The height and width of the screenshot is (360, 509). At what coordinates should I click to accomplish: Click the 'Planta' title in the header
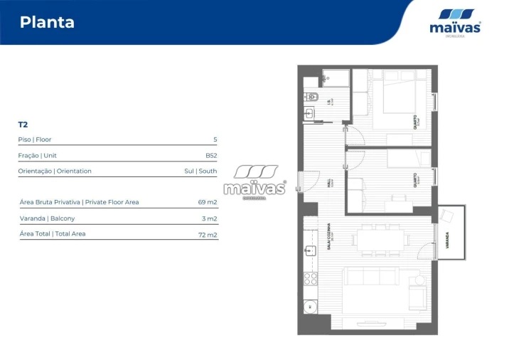pyautogui.click(x=47, y=22)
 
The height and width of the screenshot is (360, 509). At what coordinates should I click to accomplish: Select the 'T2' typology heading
pyautogui.click(x=23, y=125)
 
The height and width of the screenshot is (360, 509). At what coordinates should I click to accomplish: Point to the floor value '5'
pyautogui.click(x=215, y=139)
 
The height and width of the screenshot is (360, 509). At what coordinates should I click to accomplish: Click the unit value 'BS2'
pyautogui.click(x=211, y=155)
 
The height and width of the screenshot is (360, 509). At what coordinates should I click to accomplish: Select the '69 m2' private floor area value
pyautogui.click(x=208, y=202)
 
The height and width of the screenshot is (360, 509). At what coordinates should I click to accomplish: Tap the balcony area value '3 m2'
pyautogui.click(x=209, y=218)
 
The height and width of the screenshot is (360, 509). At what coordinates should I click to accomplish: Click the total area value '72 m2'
pyautogui.click(x=208, y=234)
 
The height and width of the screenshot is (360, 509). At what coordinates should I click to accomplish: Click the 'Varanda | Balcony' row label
pyautogui.click(x=47, y=218)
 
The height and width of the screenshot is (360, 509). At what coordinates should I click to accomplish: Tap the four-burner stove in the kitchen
pyautogui.click(x=311, y=278)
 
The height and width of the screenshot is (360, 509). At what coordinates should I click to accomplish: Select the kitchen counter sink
pyautogui.click(x=310, y=250)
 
